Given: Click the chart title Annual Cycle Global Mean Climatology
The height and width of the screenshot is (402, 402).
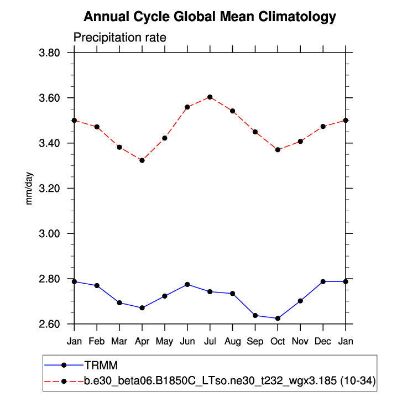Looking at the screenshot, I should point(210,17).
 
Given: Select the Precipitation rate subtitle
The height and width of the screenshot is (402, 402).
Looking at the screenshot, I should point(120,38).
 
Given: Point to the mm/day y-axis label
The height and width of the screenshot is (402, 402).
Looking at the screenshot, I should point(29,188).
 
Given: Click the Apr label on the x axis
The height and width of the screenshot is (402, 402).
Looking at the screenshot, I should point(142,341).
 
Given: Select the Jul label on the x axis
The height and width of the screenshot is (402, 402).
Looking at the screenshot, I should point(210,341).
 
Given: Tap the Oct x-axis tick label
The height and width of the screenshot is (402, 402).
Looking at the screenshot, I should point(278,341).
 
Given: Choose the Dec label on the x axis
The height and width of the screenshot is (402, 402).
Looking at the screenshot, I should point(323,341).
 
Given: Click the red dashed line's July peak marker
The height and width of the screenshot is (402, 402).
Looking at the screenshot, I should point(210,97).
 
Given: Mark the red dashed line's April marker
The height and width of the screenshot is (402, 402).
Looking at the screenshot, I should point(142,160).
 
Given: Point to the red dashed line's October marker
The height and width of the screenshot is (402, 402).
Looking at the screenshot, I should point(278,150).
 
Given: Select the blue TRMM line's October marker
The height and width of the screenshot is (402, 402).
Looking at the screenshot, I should point(278,319).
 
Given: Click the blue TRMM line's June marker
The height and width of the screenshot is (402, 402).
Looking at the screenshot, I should point(187,284).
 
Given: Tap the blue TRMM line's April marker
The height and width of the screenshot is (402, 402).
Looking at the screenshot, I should point(142,307).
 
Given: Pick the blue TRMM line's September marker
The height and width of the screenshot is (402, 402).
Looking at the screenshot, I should point(255,315).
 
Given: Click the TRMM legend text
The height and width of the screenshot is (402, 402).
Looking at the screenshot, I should point(101,365).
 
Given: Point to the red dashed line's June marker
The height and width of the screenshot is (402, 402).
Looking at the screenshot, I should point(187,107).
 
